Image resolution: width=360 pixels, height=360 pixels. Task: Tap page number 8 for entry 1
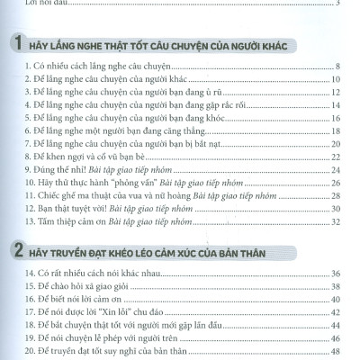click(336, 67)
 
